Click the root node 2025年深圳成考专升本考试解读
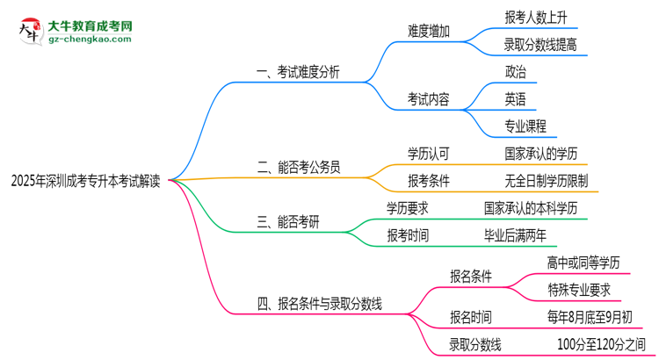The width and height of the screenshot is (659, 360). (x=85, y=182)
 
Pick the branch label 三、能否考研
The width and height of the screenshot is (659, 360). (x=288, y=222)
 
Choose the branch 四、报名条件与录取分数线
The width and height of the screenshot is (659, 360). (x=319, y=305)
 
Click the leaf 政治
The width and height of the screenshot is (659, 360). (x=516, y=71)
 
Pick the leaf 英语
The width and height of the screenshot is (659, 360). (x=516, y=98)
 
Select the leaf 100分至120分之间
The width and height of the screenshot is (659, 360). (x=600, y=344)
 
